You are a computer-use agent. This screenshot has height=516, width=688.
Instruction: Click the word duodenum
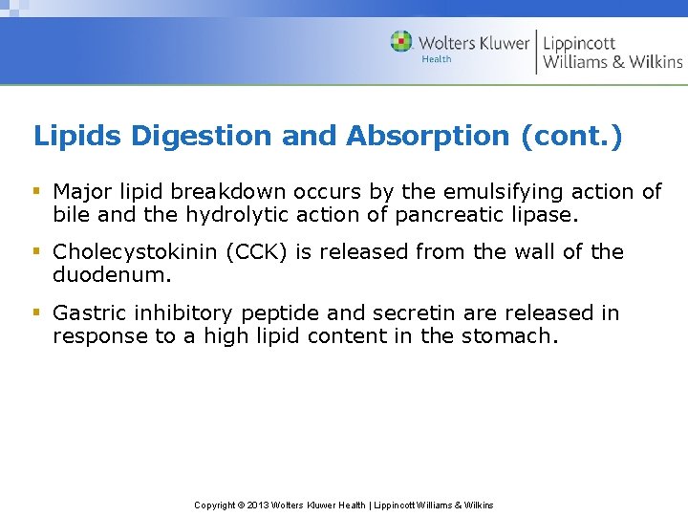(108, 275)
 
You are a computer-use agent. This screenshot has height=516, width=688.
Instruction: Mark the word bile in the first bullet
(70, 215)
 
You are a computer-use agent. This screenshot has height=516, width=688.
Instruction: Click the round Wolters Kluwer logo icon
(402, 42)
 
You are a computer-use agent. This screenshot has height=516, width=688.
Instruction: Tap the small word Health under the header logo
(436, 59)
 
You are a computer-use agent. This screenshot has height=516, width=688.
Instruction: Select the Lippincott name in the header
(579, 43)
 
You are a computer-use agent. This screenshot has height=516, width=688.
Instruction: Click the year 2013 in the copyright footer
(259, 505)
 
